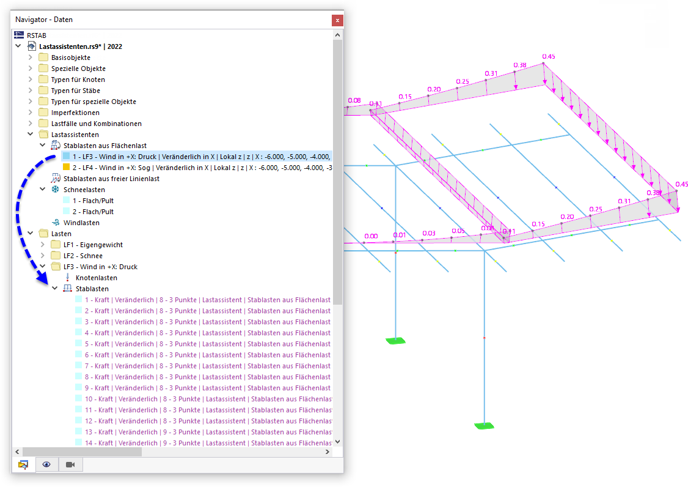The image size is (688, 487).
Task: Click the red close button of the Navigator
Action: point(337,20)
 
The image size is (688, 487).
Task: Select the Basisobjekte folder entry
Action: point(70,58)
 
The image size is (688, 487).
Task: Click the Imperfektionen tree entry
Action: point(75,113)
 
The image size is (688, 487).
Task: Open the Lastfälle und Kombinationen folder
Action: point(96,124)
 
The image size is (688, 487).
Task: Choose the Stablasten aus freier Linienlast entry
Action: point(111,179)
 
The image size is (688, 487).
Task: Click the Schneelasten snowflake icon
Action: point(55,190)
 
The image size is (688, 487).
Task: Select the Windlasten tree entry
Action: point(81,223)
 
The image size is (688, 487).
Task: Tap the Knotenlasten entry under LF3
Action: point(96,278)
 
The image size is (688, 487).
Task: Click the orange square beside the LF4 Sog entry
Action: point(66,168)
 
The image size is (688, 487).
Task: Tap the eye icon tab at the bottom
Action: point(46,464)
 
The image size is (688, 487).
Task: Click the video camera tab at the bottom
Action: point(70,464)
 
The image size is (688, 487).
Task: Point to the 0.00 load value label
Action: point(370,236)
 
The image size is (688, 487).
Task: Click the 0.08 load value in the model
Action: point(354,100)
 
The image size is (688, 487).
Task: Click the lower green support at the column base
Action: point(485,426)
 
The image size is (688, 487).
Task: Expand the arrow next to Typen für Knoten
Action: point(31,80)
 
